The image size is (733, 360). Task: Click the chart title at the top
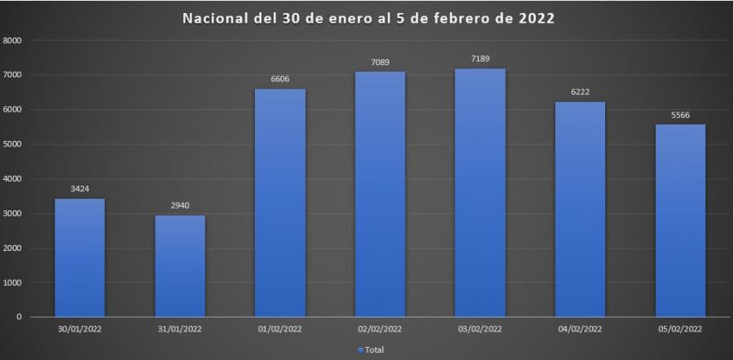[x=369, y=18]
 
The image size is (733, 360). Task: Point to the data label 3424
[x=80, y=189]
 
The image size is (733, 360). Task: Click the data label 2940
[x=180, y=205]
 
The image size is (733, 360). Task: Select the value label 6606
[x=280, y=79]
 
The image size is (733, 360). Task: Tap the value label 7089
[x=380, y=62]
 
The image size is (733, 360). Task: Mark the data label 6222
[x=580, y=92]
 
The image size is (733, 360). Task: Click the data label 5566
[x=680, y=115]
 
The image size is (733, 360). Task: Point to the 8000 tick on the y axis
[x=13, y=40]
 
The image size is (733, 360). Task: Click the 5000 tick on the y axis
[x=13, y=144]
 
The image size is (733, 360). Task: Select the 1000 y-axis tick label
[x=13, y=283]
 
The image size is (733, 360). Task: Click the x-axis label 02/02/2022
[x=380, y=329]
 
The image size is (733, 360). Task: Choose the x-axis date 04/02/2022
[x=580, y=329]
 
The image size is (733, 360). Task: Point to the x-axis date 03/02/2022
[x=481, y=329]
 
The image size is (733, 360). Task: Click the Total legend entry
[x=371, y=349]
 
